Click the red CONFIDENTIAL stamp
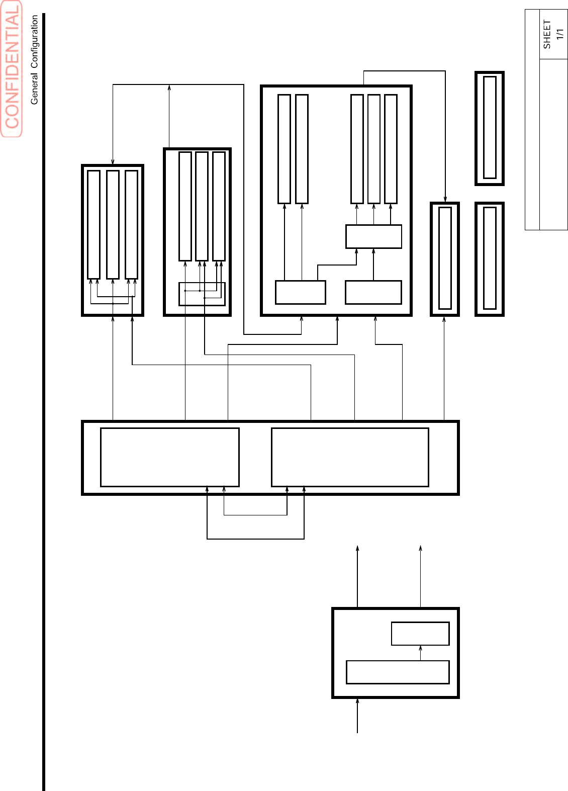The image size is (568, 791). (12, 69)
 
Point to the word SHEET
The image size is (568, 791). (547, 34)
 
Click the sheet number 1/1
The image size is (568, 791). (560, 34)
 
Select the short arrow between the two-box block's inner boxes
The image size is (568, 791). (420, 653)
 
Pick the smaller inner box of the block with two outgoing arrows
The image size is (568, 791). (420, 634)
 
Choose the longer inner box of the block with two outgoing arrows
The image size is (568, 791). (398, 672)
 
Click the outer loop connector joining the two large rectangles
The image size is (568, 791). (255, 539)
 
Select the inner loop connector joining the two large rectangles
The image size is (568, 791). (255, 515)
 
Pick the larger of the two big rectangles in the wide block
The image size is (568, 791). (350, 457)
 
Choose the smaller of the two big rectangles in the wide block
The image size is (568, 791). (169, 457)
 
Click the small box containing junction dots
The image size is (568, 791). (202, 294)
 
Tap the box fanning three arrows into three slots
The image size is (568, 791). (373, 236)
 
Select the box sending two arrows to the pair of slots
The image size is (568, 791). (300, 292)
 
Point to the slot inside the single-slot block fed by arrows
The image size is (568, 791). (445, 258)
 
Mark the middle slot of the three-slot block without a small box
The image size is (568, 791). (113, 225)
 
